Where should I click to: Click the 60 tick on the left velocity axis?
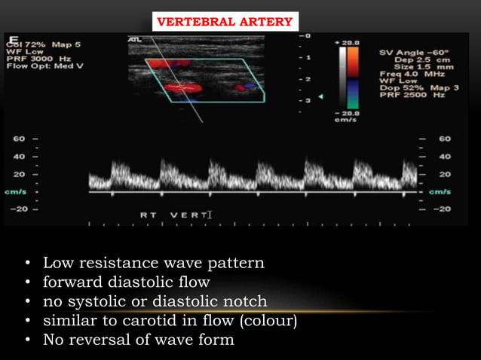(18, 139)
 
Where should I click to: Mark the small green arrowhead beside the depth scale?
(320, 97)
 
